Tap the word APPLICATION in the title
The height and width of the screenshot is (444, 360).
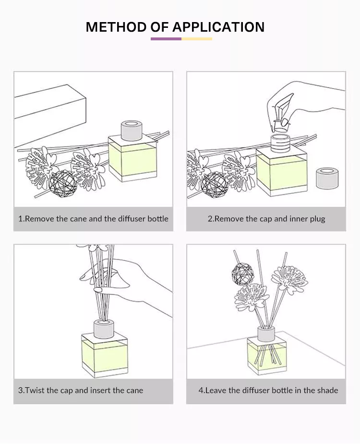pos(218,27)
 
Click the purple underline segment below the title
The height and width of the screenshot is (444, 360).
pos(166,39)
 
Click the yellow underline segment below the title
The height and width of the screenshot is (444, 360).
pos(197,39)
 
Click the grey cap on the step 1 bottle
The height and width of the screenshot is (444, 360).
pos(132,130)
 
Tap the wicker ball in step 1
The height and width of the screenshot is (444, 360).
pos(63,183)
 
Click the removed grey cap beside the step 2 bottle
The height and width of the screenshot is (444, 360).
pos(327,179)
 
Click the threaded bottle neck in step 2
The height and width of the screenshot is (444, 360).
pos(280,144)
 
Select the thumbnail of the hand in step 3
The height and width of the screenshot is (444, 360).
pos(98,289)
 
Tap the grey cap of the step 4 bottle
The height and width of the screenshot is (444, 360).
pos(266,334)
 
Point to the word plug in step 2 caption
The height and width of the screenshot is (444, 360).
pos(317,219)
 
